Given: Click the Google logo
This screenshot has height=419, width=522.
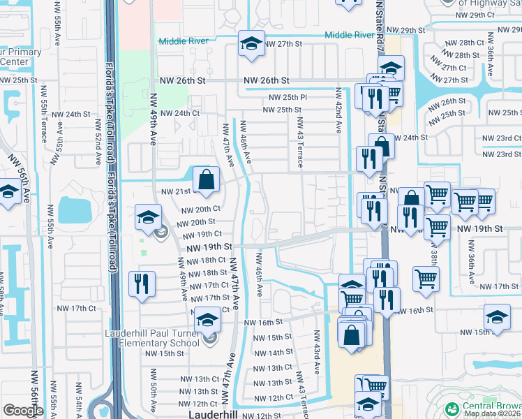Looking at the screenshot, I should click(x=22, y=411).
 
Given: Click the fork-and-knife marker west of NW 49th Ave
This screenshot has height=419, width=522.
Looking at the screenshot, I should click(x=142, y=284).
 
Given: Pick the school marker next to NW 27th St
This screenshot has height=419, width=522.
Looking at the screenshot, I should click(x=251, y=44).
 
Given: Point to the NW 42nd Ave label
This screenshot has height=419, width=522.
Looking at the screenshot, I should click(x=338, y=110).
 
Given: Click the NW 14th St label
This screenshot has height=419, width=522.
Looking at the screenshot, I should click(x=271, y=353).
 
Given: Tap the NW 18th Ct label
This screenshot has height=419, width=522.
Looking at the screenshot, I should click(x=204, y=260).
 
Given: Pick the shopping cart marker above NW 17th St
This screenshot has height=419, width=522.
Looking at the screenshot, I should click(x=426, y=279).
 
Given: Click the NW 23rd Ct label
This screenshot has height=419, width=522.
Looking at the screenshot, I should click(x=500, y=141).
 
